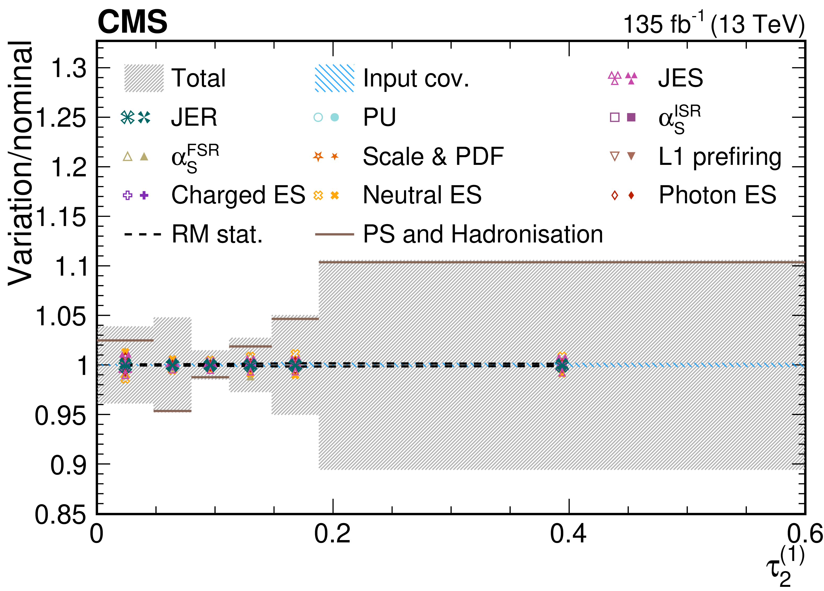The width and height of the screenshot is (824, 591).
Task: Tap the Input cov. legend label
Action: [416, 78]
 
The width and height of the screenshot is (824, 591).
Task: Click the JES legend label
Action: [680, 78]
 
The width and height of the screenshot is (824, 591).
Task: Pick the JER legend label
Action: [194, 117]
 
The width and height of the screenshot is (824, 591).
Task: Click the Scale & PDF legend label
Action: [433, 157]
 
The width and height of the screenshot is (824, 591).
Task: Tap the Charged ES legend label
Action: [238, 195]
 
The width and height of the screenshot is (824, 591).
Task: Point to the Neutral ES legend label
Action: [422, 195]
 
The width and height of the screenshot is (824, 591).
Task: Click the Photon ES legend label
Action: [717, 195]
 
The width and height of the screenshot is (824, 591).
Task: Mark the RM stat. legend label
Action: [217, 234]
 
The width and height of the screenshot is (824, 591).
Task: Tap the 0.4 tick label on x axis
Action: [568, 534]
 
